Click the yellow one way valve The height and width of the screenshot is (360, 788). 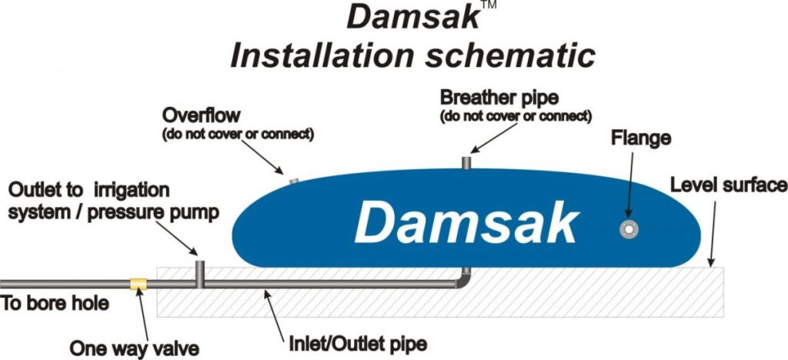[139, 285]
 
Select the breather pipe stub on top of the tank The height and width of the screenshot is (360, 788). [466, 163]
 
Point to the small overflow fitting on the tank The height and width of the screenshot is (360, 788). [292, 182]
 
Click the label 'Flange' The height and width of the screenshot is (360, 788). [641, 139]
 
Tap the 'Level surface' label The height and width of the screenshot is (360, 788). [728, 185]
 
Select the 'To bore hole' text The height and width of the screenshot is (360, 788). [55, 303]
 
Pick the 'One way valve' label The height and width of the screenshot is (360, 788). [135, 347]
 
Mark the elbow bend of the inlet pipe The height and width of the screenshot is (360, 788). [464, 283]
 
